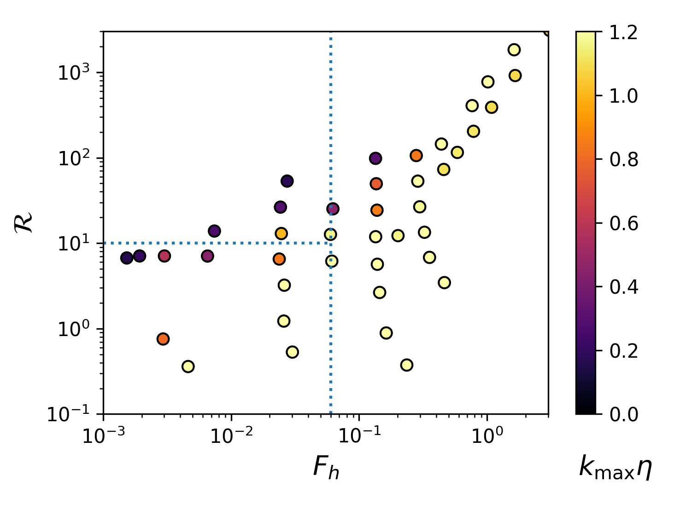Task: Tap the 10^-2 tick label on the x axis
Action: pos(231,435)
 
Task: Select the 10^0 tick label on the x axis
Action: pos(487,435)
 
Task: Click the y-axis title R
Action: pos(24,222)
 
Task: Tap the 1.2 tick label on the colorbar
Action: pos(623,32)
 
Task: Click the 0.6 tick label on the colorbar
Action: pos(623,224)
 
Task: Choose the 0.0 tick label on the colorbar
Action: pos(623,414)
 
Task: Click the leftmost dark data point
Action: pos(127,258)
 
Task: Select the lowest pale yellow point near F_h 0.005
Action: pos(188,366)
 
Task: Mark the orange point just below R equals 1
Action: pos(163,339)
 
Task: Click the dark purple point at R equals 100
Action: pos(375,158)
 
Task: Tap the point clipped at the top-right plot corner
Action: pos(547,32)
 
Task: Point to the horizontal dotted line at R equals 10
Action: pos(217,243)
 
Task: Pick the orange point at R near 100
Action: pos(416,156)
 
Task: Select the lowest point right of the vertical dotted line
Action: pos(406,365)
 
